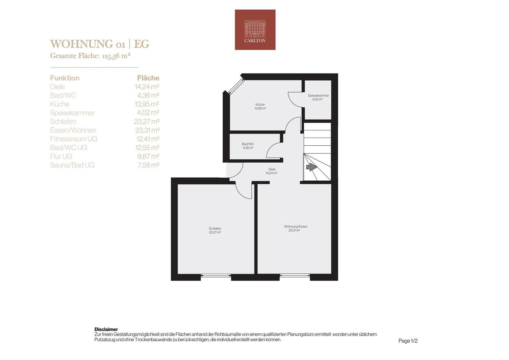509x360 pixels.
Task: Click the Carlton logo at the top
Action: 255,30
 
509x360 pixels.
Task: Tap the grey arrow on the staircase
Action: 312,167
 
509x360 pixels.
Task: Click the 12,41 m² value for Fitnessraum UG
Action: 148,139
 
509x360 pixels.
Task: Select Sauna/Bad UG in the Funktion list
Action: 72,165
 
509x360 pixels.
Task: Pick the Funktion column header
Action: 65,78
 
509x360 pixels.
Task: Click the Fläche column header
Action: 148,78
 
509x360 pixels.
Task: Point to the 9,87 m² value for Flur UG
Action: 148,156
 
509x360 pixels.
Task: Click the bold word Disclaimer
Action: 106,329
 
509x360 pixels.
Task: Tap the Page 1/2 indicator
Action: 408,341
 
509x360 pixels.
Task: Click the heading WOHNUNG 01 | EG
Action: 99,44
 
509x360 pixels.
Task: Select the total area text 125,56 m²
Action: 116,56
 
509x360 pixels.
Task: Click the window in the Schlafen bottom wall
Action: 216,276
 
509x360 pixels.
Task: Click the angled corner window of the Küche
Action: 236,86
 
